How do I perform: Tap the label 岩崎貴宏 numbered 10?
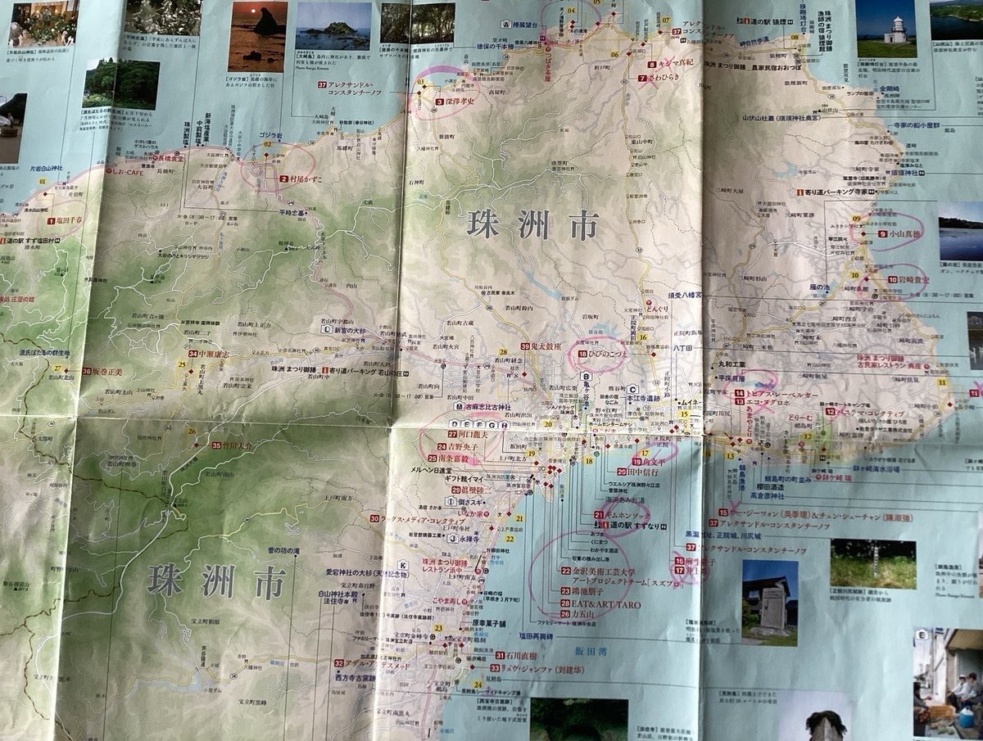905,279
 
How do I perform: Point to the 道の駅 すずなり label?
632,524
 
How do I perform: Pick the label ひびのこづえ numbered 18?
602,355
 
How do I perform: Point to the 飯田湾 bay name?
588,652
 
